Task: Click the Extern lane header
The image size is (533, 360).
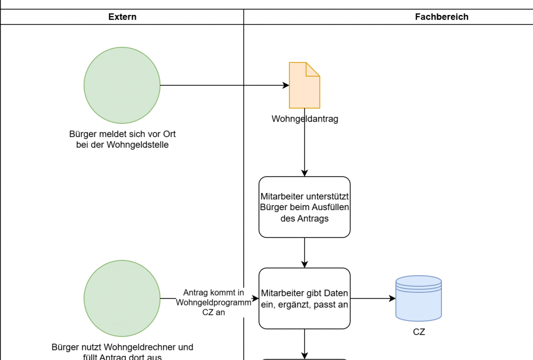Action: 122,17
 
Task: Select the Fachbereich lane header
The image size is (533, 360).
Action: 441,17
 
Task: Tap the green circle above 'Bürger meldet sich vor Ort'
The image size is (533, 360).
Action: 122,85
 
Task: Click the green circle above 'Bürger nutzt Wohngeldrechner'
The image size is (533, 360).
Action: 122,299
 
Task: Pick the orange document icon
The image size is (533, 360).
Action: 304,85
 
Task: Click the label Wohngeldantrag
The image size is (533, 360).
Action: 304,119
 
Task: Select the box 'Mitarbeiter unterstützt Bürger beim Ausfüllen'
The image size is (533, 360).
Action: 304,207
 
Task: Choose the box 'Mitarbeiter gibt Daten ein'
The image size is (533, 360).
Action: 304,299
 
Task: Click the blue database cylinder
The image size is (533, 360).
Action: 418,299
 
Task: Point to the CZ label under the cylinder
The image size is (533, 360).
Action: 419,332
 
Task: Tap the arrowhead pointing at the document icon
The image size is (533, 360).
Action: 286,85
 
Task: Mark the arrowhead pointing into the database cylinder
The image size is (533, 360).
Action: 392,299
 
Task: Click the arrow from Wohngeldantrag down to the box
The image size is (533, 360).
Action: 304,149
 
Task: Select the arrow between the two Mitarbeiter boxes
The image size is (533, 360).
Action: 304,252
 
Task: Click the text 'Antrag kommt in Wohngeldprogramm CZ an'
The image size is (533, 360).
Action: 213,302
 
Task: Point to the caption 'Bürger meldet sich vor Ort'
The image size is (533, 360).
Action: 122,134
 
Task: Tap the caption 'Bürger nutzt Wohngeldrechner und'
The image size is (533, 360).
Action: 122,347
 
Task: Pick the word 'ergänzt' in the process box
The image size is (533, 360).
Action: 293,305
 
